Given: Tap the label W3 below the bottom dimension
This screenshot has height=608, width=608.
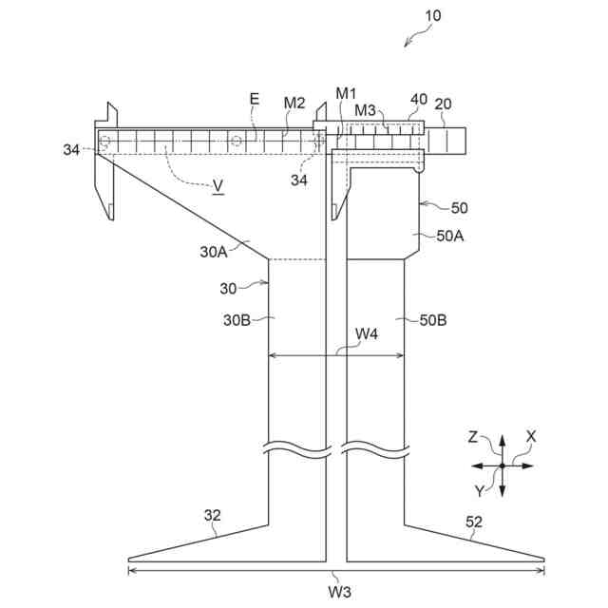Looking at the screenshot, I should pos(339,592).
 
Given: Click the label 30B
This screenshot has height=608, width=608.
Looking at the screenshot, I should pos(237,320).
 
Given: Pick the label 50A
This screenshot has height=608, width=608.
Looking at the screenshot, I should pos(451,237).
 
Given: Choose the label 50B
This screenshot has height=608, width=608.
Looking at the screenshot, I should pos(433,320).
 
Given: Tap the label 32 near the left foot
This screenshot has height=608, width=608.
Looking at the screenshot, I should pos(213,515).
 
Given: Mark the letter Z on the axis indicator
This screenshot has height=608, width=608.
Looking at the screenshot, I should pos(473,438).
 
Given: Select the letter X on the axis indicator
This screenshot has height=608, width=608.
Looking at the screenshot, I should pos(531,436).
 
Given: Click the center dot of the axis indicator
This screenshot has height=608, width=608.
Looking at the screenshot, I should pos(503,465).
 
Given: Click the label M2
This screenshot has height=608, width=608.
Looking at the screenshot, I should pos(294,103).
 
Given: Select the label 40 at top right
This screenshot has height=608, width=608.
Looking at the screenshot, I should pos(419,99).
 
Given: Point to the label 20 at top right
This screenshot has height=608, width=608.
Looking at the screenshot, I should pos(444,104).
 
